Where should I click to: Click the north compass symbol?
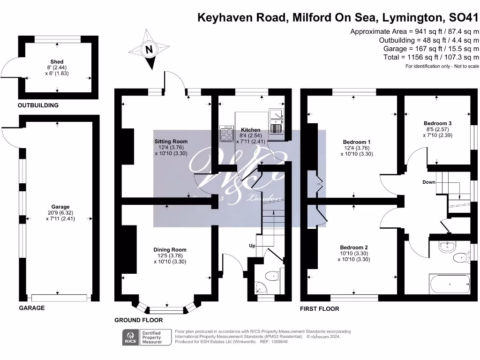coord(149,50)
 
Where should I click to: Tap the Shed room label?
coord(57,62)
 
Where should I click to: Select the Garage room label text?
coord(60,207)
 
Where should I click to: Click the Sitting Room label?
coord(171,141)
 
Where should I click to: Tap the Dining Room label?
coord(170,250)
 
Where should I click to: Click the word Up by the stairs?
coord(252,246)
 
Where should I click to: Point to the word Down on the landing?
coord(429,182)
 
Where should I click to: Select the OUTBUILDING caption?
coord(38,105)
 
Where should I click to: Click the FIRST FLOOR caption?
coord(319,309)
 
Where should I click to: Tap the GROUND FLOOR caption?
coord(139,320)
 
